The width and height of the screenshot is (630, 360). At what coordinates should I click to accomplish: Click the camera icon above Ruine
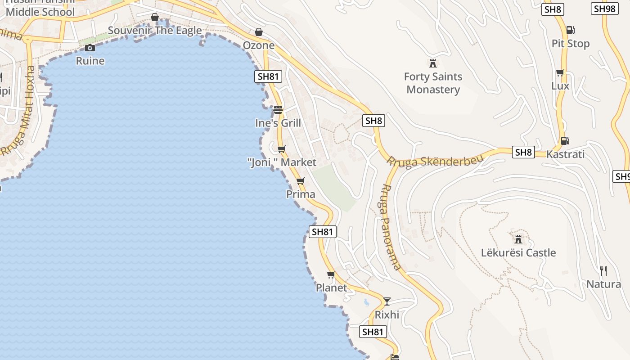(90, 48)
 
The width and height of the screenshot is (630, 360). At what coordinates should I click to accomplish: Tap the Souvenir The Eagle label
(155, 31)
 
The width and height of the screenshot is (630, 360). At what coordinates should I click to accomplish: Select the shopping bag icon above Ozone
(259, 32)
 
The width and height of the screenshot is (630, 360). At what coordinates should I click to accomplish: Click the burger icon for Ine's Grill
(278, 109)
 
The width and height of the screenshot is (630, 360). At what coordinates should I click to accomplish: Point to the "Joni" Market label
(282, 162)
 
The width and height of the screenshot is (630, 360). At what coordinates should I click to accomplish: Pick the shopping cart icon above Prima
(300, 181)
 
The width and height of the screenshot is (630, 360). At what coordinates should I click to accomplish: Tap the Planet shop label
(331, 288)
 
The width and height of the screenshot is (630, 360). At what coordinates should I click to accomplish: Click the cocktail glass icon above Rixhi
(387, 301)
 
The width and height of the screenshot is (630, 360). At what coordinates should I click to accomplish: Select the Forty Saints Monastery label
(433, 83)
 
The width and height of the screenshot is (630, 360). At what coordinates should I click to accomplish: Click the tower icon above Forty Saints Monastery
(433, 63)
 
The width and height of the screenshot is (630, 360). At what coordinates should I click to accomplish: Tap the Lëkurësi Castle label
(518, 252)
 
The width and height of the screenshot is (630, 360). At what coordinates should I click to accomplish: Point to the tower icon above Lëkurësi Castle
(518, 238)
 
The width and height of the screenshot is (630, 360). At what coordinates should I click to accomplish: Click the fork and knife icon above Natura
(603, 270)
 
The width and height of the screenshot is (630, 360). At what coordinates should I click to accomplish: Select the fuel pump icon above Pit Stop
(570, 30)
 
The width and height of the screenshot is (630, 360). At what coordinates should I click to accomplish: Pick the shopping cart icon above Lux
(560, 72)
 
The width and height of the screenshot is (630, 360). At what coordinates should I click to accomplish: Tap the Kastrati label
(565, 154)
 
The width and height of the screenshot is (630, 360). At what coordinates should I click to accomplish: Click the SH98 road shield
(604, 9)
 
